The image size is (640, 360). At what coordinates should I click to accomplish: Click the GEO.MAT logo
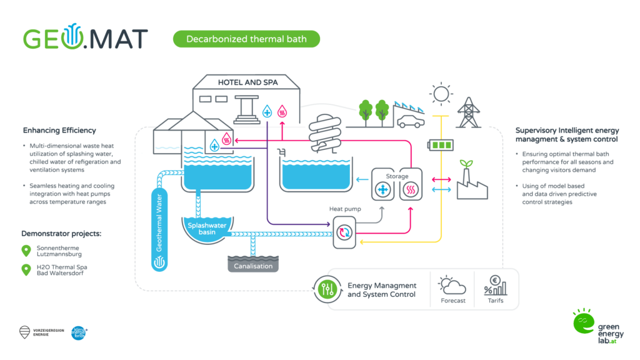tap(85, 38)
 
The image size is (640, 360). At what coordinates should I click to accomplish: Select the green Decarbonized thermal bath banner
tap(246, 39)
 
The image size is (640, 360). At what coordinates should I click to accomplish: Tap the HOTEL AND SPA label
tap(247, 82)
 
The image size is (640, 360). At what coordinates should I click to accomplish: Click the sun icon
tap(441, 94)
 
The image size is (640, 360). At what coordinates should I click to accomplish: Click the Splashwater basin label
tap(206, 228)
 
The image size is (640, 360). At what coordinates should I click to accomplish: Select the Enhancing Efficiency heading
tap(59, 131)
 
